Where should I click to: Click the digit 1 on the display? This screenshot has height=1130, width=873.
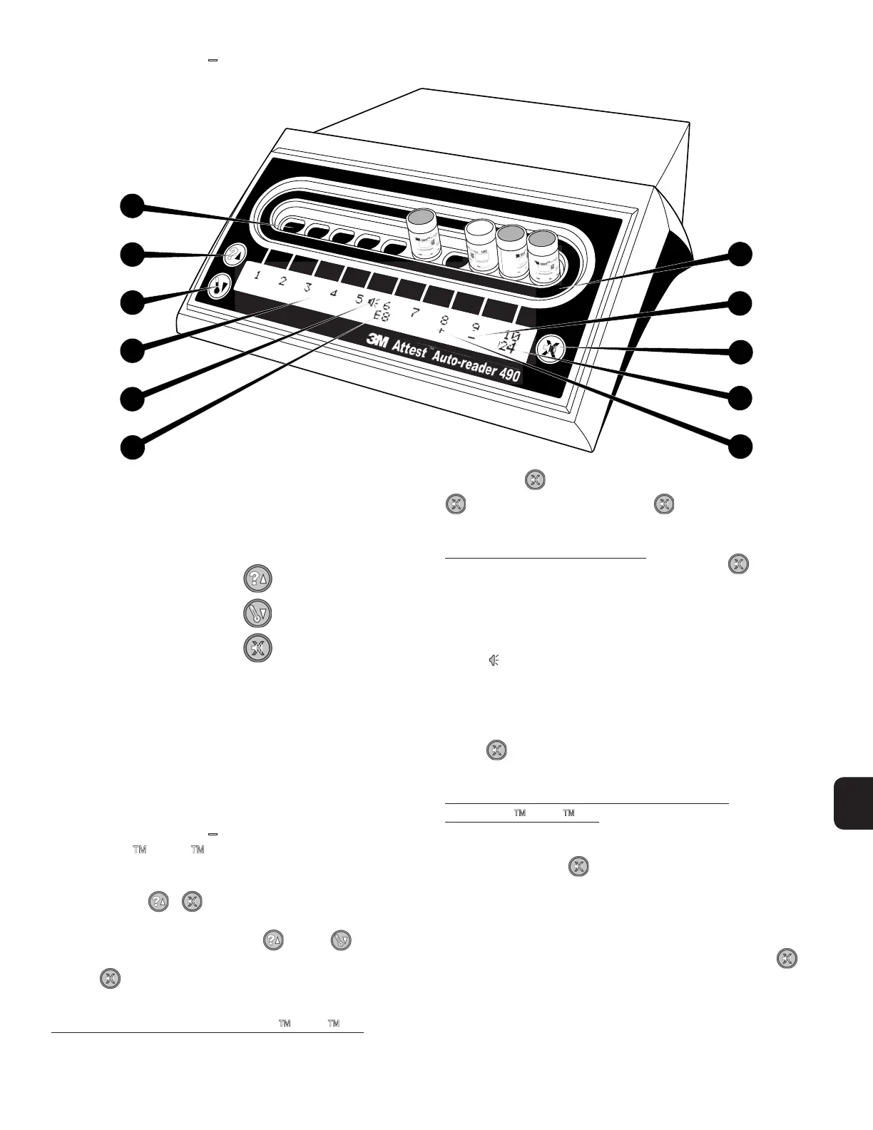(x=257, y=276)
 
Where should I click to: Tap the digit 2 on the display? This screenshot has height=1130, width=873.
(x=282, y=280)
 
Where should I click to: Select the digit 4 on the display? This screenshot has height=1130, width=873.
(x=334, y=292)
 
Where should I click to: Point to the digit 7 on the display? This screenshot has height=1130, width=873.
(x=414, y=312)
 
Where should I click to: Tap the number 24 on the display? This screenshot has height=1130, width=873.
(x=508, y=349)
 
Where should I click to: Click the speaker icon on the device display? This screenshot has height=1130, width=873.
(x=372, y=303)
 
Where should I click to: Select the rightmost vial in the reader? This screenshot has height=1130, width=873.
(x=545, y=255)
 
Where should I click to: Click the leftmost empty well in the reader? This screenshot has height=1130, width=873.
(x=291, y=228)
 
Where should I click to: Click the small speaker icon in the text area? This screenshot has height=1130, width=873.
(x=493, y=661)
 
